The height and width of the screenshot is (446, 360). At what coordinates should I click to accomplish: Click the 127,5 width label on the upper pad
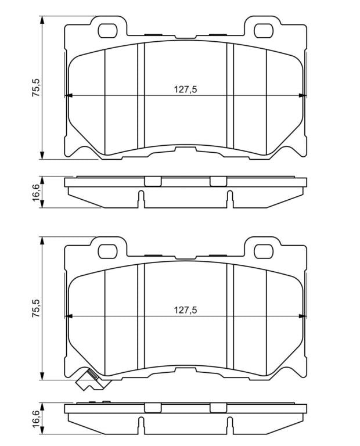coord(185,89)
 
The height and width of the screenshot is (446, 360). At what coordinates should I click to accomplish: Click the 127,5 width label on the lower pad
coord(185,310)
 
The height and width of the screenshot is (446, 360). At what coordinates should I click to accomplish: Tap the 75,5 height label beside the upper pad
coord(36,87)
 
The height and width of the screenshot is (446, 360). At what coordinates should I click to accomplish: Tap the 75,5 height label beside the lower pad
coord(36,308)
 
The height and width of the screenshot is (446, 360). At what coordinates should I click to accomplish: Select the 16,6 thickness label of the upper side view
coord(36,192)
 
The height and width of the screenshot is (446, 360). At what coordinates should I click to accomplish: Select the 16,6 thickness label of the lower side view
coord(36,418)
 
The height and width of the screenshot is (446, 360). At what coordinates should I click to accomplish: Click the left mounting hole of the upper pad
coord(107,31)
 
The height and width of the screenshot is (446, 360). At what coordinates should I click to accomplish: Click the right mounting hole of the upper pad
coord(264,31)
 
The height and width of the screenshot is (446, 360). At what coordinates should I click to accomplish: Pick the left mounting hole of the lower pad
coord(107,251)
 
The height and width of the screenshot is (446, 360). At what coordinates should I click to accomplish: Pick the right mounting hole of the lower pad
coord(264,251)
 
